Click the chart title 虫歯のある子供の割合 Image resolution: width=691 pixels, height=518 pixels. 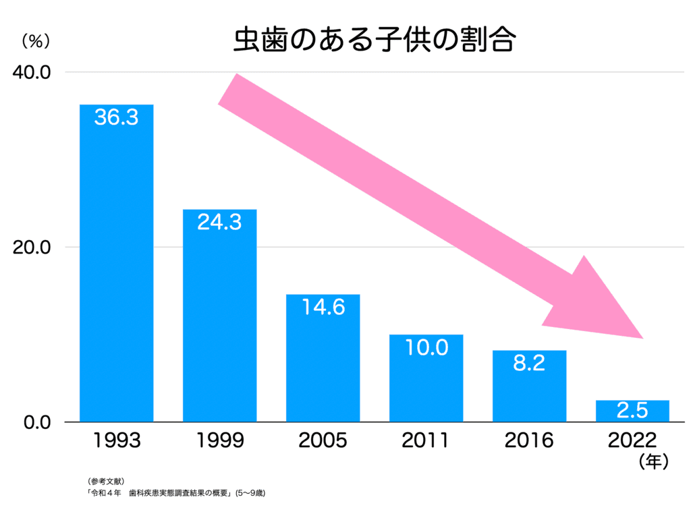coord(375,40)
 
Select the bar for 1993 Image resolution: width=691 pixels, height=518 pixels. coord(117,270)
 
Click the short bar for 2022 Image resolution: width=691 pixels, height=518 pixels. coord(632,411)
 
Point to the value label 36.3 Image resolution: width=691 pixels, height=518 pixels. coord(117,117)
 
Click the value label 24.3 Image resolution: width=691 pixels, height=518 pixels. coord(219,222)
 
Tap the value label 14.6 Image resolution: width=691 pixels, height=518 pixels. coord(323,307)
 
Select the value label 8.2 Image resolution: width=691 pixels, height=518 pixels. coord(529,364)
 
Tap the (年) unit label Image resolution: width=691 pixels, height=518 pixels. coord(651,462)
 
